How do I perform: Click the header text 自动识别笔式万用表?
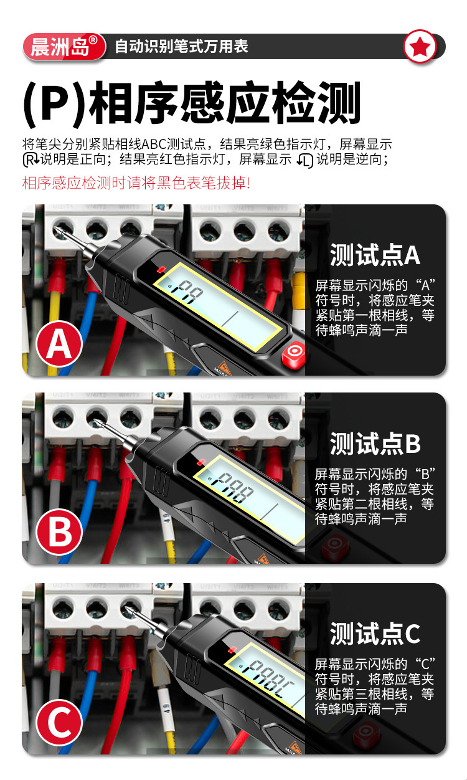tap(181, 47)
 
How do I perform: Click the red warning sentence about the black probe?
tap(136, 183)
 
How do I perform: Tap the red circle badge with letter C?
tap(60, 723)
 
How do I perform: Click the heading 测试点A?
tap(375, 255)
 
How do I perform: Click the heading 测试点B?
tap(375, 444)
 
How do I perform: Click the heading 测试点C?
tap(375, 634)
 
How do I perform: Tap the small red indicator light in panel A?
tap(161, 270)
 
